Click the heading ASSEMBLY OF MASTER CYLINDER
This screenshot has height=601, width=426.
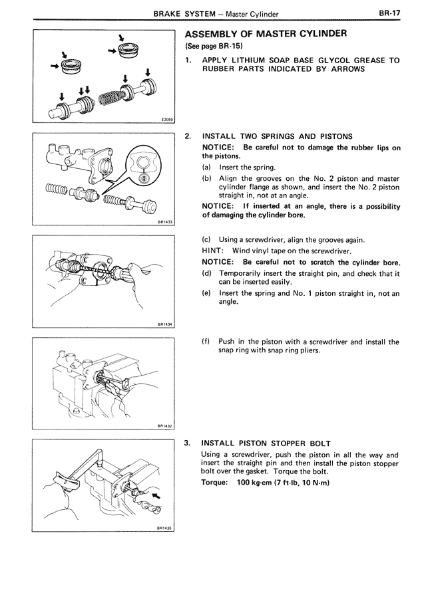tap(266, 34)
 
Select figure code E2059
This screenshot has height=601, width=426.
tap(166, 120)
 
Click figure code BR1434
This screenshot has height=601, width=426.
tap(165, 324)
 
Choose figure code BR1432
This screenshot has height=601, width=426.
tap(165, 425)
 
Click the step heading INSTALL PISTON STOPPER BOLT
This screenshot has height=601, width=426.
tap(266, 443)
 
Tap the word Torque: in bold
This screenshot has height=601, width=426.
tap(216, 482)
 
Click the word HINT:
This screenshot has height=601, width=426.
tap(212, 251)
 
